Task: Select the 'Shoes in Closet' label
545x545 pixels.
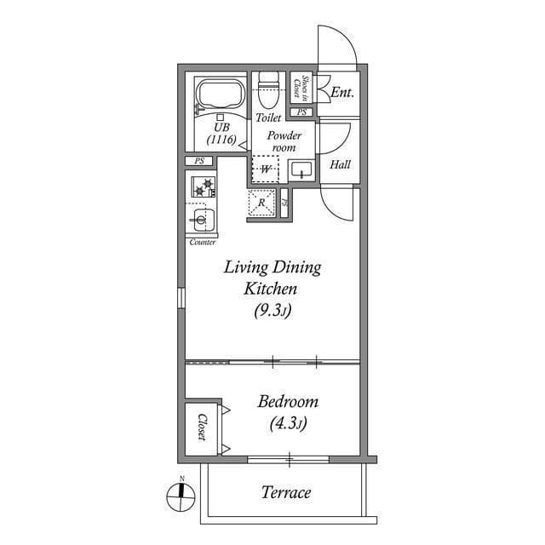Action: tap(300, 88)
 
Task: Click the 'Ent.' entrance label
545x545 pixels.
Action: tap(341, 92)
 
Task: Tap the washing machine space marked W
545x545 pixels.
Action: tap(266, 169)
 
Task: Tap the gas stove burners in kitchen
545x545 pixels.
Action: tap(204, 186)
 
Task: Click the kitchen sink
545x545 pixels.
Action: tap(201, 221)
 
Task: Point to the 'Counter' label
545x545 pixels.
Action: tap(202, 243)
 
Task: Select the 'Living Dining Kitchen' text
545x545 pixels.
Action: tap(272, 278)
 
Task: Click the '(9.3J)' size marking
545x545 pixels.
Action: tap(272, 312)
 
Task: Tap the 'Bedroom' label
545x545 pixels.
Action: tap(288, 402)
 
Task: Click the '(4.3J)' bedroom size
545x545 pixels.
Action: tap(288, 422)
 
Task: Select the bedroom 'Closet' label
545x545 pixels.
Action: tap(202, 427)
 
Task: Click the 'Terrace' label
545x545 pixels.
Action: tap(285, 492)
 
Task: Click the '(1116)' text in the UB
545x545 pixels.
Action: tap(221, 141)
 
